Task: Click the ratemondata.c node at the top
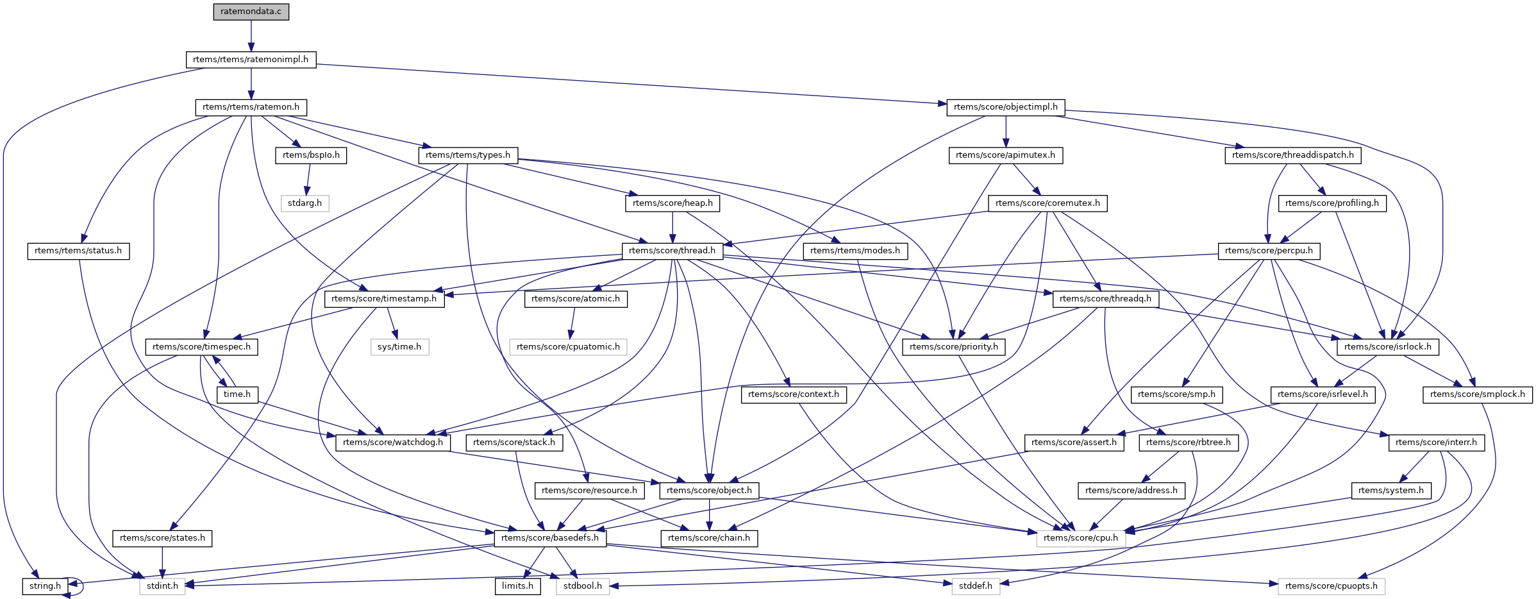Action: [251, 12]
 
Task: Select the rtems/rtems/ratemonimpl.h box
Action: [251, 60]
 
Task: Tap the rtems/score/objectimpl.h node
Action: [1005, 107]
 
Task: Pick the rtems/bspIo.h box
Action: [311, 155]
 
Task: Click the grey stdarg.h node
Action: [305, 203]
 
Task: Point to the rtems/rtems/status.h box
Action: [78, 251]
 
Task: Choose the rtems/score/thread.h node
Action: [672, 251]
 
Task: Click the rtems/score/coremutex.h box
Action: [1048, 203]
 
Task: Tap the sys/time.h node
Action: [399, 347]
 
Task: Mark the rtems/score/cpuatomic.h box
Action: [568, 347]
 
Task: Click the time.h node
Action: [237, 394]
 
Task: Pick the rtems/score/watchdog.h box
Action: [393, 443]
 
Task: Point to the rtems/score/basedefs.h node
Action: [550, 538]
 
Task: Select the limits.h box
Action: [517, 586]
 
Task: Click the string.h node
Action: [45, 586]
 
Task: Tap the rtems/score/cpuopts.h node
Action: [1331, 586]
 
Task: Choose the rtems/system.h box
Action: [1390, 491]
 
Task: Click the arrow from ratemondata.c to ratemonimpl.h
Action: [251, 36]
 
